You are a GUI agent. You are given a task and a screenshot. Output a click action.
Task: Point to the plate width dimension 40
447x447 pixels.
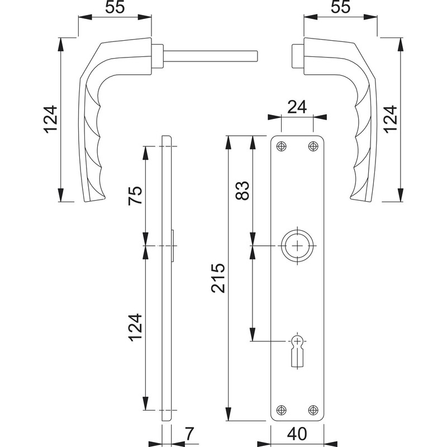pyautogui.click(x=298, y=433)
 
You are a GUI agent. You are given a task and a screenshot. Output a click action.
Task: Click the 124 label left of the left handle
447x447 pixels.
pyautogui.click(x=51, y=120)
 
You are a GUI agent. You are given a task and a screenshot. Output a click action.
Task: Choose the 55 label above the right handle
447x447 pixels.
pyautogui.click(x=340, y=8)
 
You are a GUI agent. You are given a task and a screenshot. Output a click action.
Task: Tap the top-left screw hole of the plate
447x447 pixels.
pyautogui.click(x=282, y=146)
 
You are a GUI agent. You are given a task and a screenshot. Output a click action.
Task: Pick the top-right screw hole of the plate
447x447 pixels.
pyautogui.click(x=312, y=146)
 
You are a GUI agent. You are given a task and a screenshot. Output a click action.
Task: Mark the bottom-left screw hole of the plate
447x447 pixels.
pyautogui.click(x=282, y=410)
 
